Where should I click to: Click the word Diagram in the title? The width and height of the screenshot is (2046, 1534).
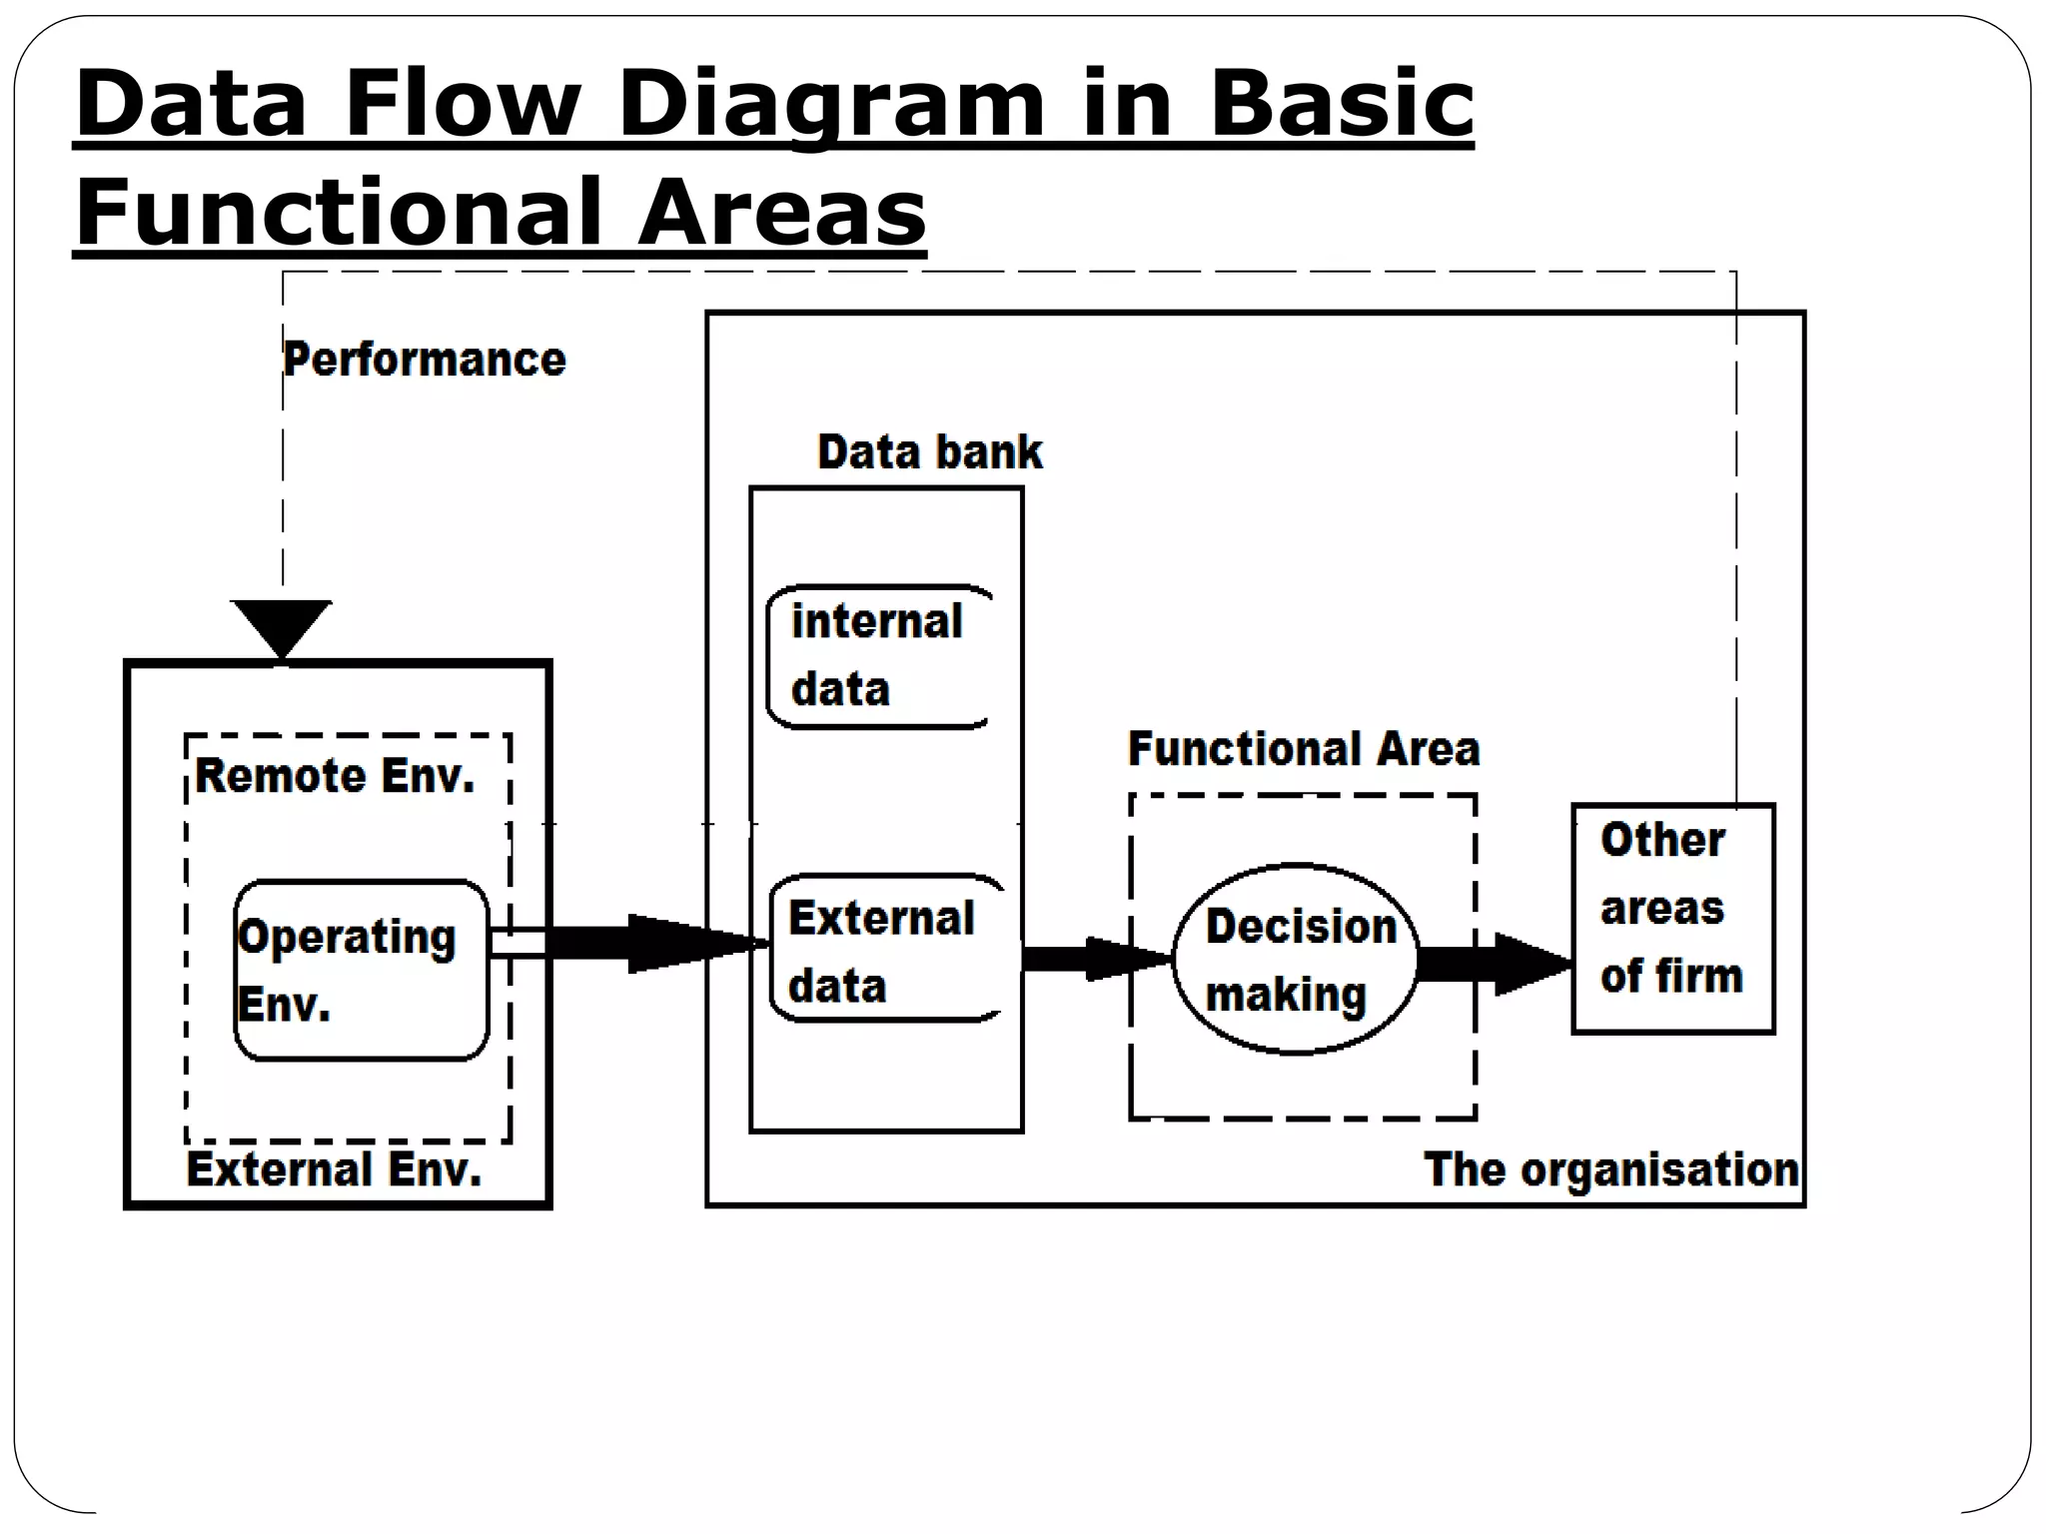click(829, 105)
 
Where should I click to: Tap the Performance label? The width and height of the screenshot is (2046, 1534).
click(425, 360)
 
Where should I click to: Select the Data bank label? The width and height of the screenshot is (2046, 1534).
click(929, 452)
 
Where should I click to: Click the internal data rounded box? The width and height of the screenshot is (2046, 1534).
click(877, 656)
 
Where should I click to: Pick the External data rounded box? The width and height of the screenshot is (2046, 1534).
click(883, 950)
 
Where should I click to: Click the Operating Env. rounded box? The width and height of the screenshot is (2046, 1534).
click(361, 970)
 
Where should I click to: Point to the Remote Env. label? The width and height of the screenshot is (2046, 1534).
click(335, 776)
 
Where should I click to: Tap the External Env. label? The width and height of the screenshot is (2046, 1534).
click(334, 1169)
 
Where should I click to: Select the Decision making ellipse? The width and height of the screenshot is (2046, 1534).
click(1296, 960)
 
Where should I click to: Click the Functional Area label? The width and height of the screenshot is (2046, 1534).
click(1303, 749)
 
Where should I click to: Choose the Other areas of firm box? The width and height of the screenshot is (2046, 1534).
click(1673, 918)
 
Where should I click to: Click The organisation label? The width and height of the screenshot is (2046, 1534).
click(1610, 1169)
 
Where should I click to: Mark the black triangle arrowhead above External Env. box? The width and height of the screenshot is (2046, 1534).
click(282, 625)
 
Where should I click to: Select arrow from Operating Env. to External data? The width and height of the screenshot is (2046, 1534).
click(639, 944)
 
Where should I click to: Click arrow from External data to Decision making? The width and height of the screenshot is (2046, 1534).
click(1094, 959)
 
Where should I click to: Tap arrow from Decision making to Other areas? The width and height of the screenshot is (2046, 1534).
click(1494, 964)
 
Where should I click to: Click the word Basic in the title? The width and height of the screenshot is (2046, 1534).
click(1341, 105)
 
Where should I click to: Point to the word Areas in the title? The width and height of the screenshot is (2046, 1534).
click(782, 212)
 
